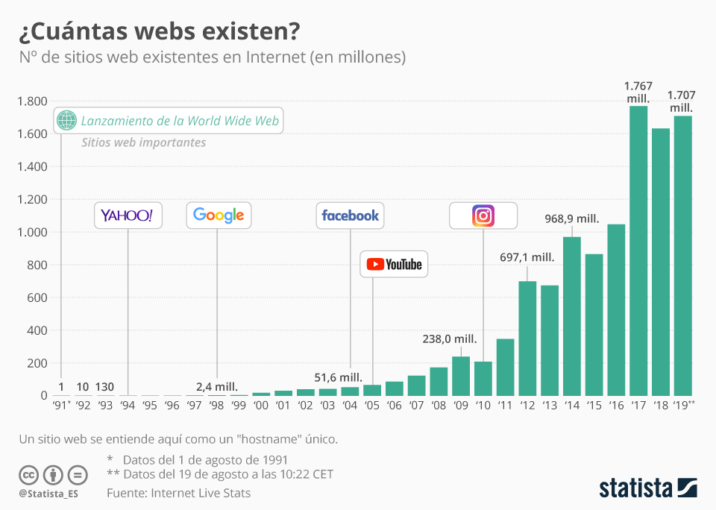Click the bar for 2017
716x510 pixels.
coord(638,251)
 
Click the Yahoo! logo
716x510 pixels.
coord(128,215)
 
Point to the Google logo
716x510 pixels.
coord(219,215)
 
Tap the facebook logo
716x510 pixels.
coord(350,215)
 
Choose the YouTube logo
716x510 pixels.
coord(395,264)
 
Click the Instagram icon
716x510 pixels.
coord(483,215)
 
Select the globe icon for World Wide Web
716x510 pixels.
coord(67,120)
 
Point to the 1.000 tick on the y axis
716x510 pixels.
coord(33,232)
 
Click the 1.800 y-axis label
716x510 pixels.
coord(33,101)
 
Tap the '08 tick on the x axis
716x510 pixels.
coord(439,406)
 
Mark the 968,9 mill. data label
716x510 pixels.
coord(572,219)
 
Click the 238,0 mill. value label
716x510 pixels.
coord(450,339)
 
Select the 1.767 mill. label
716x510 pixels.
coord(638,92)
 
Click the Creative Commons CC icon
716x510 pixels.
coord(29,474)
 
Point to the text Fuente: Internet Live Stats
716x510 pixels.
coord(178,493)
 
